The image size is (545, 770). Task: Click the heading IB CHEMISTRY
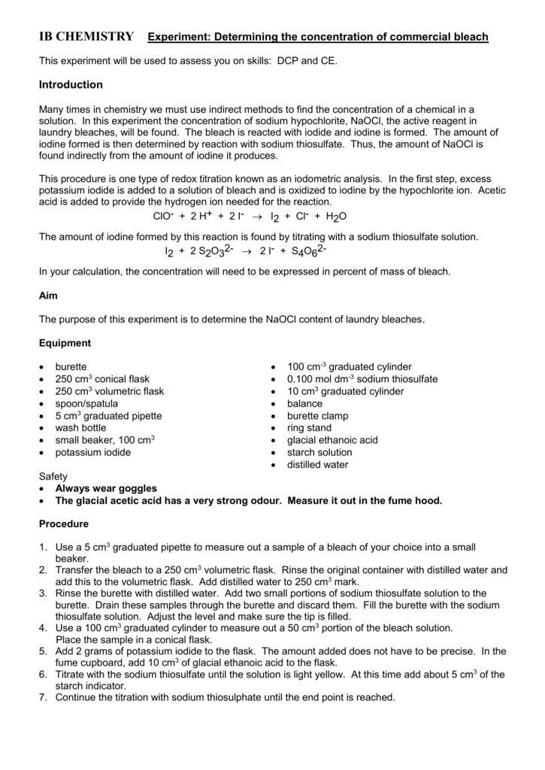point(86,36)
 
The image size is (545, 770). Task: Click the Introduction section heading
point(71,85)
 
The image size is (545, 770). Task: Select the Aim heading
point(48,296)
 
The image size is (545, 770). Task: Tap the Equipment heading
point(65,343)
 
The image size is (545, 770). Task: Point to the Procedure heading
point(64,523)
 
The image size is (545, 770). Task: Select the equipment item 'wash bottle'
point(82,428)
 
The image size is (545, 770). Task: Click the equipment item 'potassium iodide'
point(93,452)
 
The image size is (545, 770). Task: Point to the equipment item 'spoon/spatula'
point(86,404)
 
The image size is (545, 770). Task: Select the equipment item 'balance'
point(304,404)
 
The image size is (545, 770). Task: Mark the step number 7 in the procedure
point(43,697)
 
